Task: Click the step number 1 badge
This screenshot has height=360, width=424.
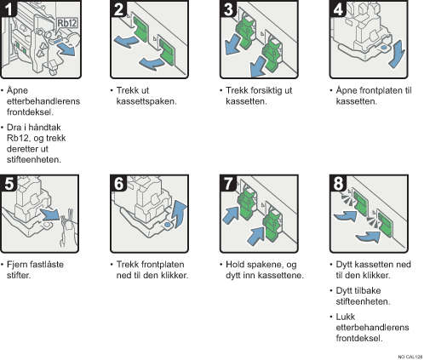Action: pos(9,8)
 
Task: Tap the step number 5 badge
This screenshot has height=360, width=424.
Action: pos(9,183)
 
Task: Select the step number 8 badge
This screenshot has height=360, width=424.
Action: pos(338,183)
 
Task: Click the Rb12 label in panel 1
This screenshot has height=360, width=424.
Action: pos(67,23)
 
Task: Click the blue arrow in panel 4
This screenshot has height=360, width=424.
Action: pos(397,54)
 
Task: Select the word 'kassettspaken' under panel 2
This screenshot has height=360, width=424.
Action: pos(146,101)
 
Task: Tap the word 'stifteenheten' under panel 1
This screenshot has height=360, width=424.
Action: pos(33,160)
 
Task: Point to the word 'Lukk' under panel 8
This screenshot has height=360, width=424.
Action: pos(346,317)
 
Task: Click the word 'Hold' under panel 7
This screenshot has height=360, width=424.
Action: pos(236,265)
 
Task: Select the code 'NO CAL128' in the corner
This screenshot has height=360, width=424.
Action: pos(410,357)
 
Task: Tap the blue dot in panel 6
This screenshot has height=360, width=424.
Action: pos(168,225)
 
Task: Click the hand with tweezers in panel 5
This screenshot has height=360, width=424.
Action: pos(68,229)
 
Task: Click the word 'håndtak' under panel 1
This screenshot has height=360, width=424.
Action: pos(45,128)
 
